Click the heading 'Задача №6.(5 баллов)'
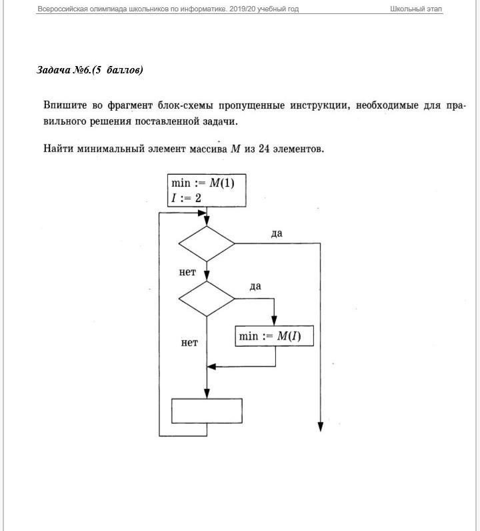pos(90,70)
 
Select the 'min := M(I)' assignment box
pos(275,336)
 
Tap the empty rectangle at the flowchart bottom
pos(207,410)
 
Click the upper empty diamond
pos(207,243)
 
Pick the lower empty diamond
pos(207,299)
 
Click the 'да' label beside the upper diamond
pos(277,233)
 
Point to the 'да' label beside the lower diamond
pos(255,286)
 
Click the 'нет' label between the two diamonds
pos(187,272)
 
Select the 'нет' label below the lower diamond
pos(189,343)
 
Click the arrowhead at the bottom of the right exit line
pos(321,427)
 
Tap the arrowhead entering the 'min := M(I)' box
pos(275,322)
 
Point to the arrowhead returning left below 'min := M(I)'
pos(211,366)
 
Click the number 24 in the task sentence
pos(265,149)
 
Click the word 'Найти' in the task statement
pos(59,149)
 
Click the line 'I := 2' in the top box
pos(186,198)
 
